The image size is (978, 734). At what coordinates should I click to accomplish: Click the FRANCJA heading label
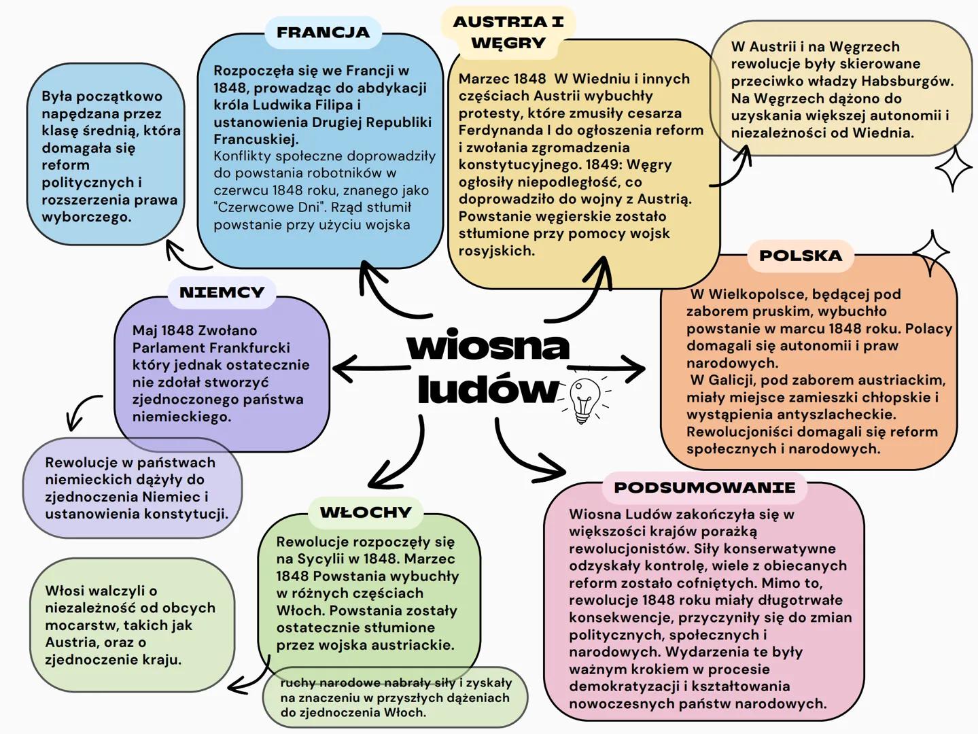pos(323,32)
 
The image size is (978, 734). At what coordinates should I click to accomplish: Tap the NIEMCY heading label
pos(222,292)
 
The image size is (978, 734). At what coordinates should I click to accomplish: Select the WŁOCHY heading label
pos(366,512)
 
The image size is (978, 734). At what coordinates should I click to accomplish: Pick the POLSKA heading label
pos(800,256)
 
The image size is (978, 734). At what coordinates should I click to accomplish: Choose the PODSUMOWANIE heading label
pos(704,487)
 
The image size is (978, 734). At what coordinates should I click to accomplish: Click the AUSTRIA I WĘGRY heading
pos(508,32)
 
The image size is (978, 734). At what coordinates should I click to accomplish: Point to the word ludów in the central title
pos(488,389)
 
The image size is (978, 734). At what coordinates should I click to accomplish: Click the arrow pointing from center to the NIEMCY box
pos(370,368)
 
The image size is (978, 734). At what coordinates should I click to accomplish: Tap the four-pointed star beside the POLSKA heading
pos(931,253)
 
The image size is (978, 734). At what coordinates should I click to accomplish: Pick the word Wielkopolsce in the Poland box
pos(756,294)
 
